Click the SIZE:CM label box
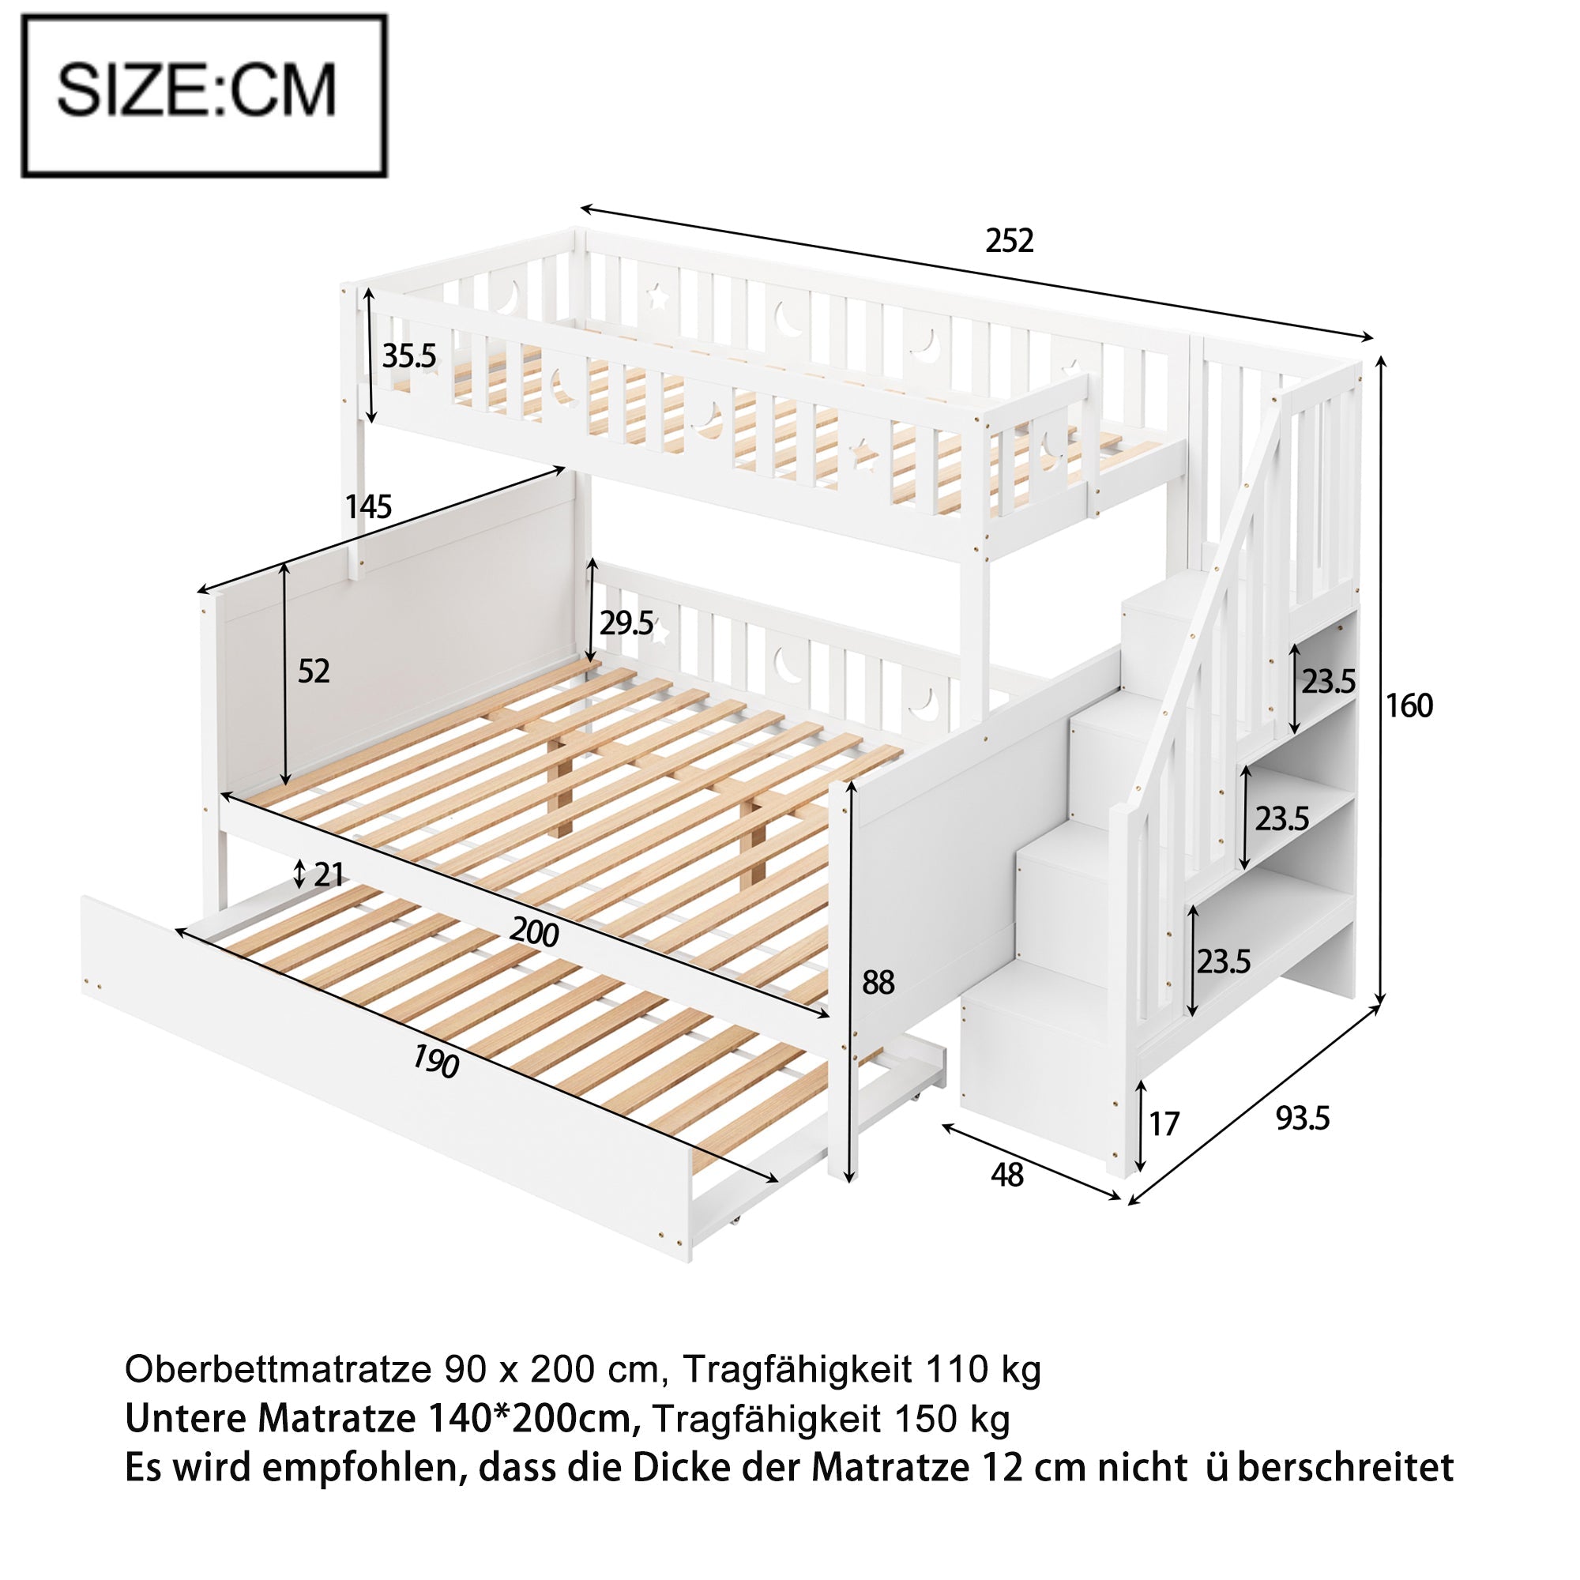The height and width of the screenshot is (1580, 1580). click(x=204, y=96)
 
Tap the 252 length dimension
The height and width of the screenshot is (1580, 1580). click(x=1010, y=240)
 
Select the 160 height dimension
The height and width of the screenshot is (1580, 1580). click(x=1409, y=705)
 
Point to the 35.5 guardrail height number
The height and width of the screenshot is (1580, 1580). click(x=410, y=355)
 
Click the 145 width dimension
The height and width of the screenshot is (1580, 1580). click(x=368, y=507)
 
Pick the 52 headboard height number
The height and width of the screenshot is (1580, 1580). click(x=313, y=671)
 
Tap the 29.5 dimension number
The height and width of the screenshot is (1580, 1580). click(x=626, y=624)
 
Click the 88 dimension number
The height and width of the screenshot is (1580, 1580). click(x=878, y=982)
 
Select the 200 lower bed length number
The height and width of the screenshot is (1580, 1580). click(x=534, y=932)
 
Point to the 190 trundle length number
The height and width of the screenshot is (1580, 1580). click(x=434, y=1063)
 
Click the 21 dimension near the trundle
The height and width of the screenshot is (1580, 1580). click(x=328, y=875)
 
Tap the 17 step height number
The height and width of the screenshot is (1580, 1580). click(x=1164, y=1124)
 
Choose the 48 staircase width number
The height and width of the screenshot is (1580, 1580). click(x=1006, y=1176)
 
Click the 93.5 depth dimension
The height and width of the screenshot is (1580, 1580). click(x=1303, y=1119)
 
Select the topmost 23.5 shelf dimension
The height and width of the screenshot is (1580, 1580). click(x=1329, y=681)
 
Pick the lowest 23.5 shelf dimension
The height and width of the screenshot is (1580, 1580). click(x=1224, y=961)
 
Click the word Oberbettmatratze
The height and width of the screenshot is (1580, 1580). click(x=278, y=1368)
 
